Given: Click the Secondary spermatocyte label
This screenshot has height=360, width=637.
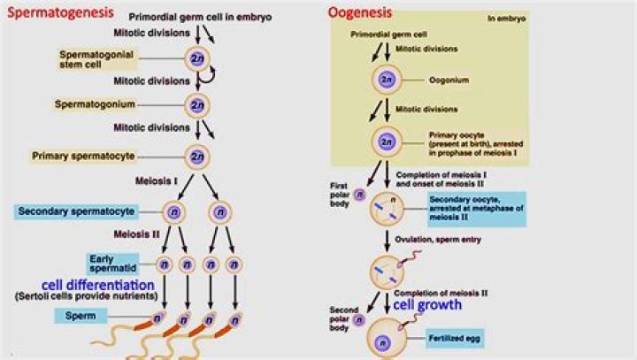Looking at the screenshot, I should coord(74,211).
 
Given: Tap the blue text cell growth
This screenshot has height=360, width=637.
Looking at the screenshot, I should coord(428,304).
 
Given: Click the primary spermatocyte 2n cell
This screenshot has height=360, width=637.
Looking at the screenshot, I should coord(196,157).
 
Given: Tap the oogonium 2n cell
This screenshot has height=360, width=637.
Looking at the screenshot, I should coord(386,80).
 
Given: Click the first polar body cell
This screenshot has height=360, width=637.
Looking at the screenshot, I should coord(359,195).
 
